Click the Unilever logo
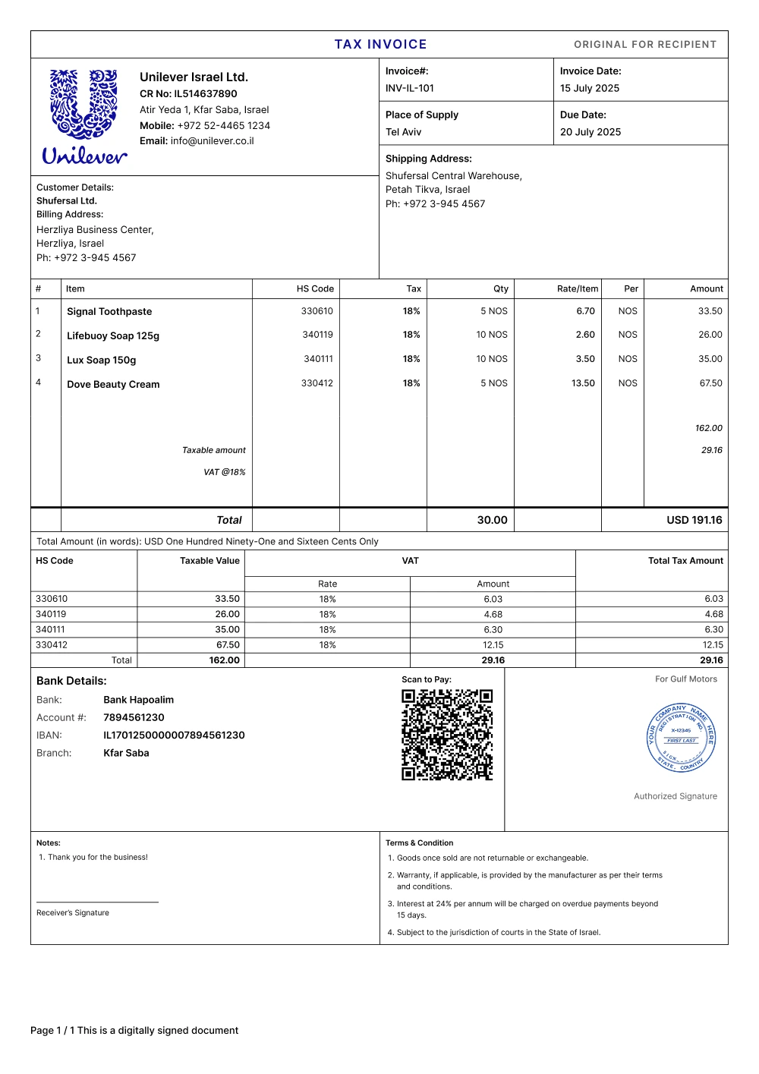[x=84, y=116]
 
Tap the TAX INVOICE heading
[x=380, y=45]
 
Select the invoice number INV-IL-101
[x=410, y=88]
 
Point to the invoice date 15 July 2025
[x=590, y=88]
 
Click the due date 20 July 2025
[x=591, y=132]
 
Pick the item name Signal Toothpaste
[x=109, y=312]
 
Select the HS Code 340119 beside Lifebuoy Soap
[x=317, y=335]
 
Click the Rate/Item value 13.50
[x=583, y=383]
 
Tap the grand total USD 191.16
[x=694, y=520]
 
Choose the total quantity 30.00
[x=492, y=520]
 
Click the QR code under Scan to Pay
[x=447, y=735]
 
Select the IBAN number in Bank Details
[x=174, y=735]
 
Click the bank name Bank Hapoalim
[x=138, y=700]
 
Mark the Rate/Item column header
[x=578, y=289]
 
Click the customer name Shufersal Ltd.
[x=67, y=201]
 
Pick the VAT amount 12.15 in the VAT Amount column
[x=493, y=645]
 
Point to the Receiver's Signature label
[x=73, y=913]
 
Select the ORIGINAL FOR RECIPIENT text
[x=645, y=45]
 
